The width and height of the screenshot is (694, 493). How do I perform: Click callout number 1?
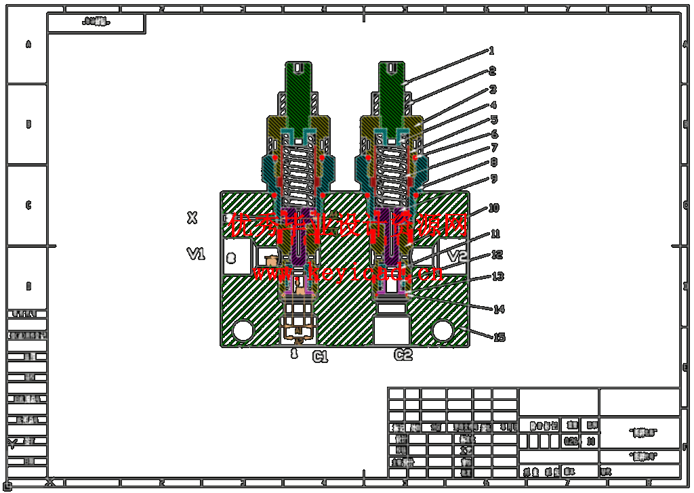tap(491, 51)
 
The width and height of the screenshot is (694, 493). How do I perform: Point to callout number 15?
tap(499, 337)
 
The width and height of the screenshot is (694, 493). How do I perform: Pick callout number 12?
tap(497, 255)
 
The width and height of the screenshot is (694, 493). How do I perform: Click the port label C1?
tap(320, 357)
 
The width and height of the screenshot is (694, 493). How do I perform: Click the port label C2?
tap(403, 355)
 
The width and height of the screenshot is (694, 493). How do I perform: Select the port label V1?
tap(196, 254)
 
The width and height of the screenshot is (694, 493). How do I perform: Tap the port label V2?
tap(459, 256)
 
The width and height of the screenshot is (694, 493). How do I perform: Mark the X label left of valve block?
tap(192, 217)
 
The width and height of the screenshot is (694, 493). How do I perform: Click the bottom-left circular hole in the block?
tap(242, 330)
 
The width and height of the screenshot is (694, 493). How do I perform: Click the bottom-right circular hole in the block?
tap(443, 330)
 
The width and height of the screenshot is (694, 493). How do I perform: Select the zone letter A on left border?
tap(28, 45)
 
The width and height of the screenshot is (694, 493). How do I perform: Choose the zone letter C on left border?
tap(28, 205)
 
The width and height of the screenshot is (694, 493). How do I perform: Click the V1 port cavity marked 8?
tap(232, 257)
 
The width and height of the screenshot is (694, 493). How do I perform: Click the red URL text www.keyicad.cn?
tap(348, 273)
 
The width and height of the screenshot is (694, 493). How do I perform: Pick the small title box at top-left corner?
tap(96, 22)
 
